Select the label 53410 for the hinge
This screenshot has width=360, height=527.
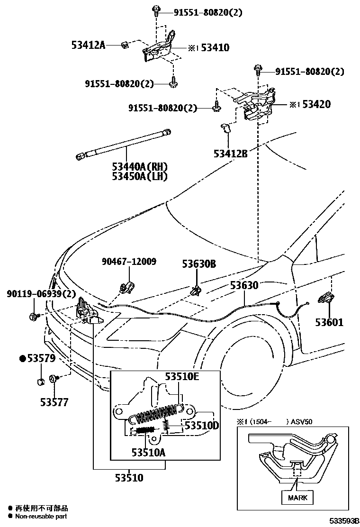(x=215, y=47)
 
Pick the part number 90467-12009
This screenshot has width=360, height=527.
(x=129, y=261)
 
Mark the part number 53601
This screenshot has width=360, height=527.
(x=330, y=322)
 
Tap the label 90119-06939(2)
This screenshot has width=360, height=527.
(x=41, y=294)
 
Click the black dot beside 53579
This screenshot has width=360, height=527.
(x=22, y=359)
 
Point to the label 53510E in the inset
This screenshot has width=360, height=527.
(x=181, y=377)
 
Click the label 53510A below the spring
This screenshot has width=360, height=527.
(x=148, y=452)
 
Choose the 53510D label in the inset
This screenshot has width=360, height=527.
(x=202, y=426)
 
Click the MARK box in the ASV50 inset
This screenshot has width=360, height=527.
(x=297, y=498)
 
